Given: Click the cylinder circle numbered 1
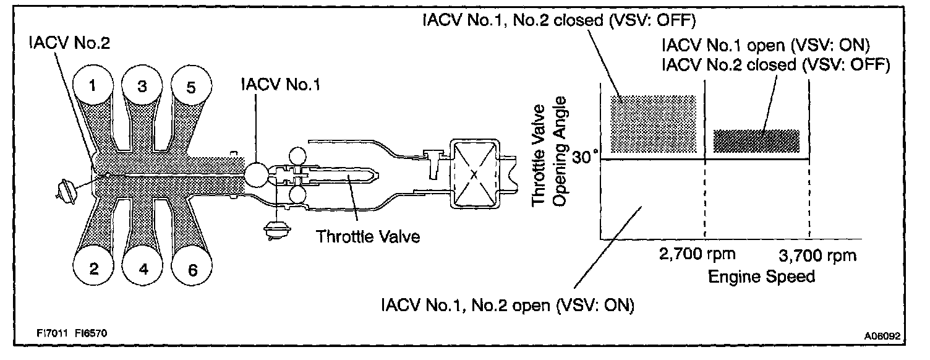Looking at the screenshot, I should pos(93,86).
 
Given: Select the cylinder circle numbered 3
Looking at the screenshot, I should pos(142,87).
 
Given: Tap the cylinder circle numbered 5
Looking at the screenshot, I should pos(190,87).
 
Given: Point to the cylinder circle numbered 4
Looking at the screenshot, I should pos(143,268).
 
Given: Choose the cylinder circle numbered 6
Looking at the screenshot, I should pos(192,268).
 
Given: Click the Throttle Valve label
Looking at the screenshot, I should pos(368,236).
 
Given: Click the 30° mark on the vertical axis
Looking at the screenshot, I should pos(585,158).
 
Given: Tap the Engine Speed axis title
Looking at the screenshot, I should pos(761,276).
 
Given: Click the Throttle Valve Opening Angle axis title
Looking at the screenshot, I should pos(548,155).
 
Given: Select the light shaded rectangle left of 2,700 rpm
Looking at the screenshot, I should pos(653,124).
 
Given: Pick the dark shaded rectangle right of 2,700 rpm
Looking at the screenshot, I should pos(756,141).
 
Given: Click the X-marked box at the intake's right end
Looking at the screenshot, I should pos(474,175).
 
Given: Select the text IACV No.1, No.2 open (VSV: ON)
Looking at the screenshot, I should pos(508,306).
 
